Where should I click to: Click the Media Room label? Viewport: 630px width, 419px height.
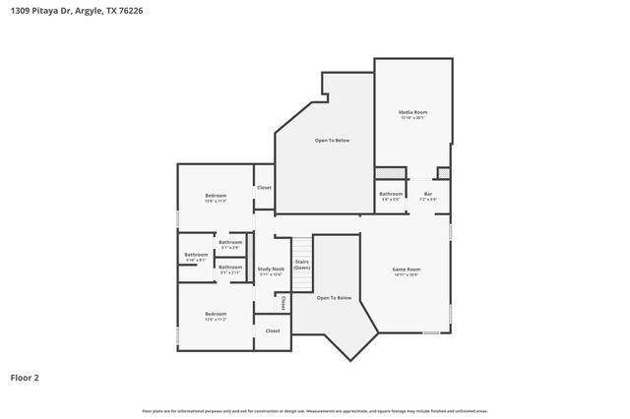click(412, 112)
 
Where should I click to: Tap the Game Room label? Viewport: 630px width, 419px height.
click(407, 269)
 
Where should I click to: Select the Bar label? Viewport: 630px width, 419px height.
click(428, 194)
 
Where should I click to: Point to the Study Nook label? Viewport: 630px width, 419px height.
click(271, 269)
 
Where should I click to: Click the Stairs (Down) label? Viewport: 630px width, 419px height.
click(302, 265)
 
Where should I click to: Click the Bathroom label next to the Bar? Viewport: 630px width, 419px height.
click(391, 194)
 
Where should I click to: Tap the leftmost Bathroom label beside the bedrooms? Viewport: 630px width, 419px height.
click(196, 255)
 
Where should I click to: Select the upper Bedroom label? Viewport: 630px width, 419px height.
click(216, 196)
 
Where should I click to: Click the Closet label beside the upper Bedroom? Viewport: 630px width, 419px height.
click(264, 187)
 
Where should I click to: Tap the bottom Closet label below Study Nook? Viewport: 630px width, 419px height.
click(273, 330)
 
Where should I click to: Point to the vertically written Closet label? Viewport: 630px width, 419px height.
click(283, 302)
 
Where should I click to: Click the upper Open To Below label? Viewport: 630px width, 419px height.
click(332, 141)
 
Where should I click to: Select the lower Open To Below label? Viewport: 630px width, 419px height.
click(335, 297)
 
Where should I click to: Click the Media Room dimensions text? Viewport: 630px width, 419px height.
click(412, 118)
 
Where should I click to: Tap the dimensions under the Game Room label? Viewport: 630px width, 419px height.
click(407, 274)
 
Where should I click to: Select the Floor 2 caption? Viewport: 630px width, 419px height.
click(25, 377)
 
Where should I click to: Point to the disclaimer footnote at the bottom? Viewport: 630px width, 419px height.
click(314, 410)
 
